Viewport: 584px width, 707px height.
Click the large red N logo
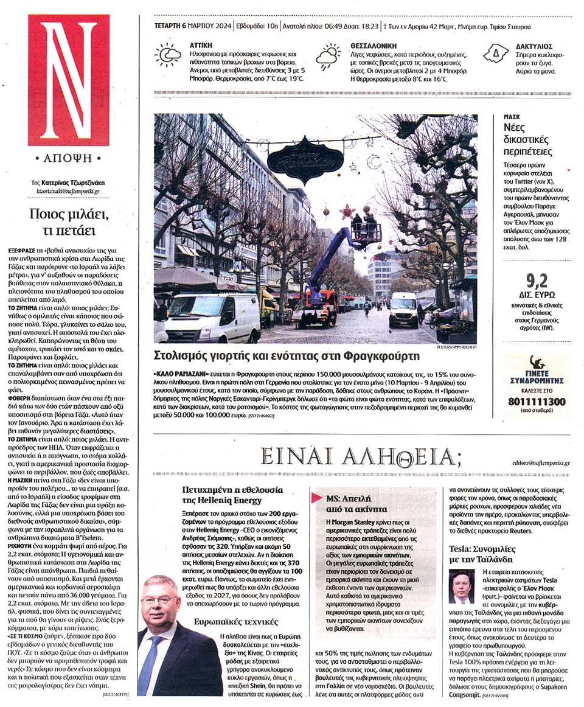point(69,80)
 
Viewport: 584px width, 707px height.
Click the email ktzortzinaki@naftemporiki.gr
point(68,191)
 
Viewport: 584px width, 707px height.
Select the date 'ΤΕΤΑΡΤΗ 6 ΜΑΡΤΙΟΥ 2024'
point(191,27)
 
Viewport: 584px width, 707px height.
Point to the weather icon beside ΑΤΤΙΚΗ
point(167,54)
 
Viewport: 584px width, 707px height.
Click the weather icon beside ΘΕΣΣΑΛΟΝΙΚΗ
point(328,56)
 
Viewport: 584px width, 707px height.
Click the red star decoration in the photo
point(347,212)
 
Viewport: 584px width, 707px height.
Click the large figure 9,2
point(538,281)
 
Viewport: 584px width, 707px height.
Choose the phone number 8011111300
point(535,402)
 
